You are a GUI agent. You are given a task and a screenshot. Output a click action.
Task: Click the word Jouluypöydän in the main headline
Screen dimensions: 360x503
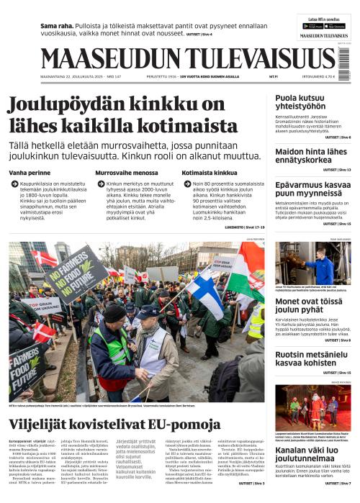click(77, 105)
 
